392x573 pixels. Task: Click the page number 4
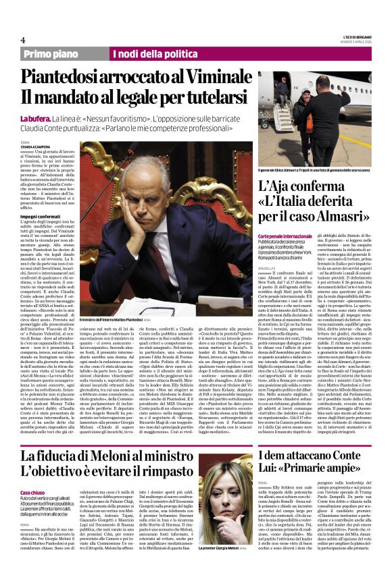(x=23, y=40)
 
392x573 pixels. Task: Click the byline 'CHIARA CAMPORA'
(x=34, y=147)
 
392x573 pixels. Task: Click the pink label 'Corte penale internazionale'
(x=284, y=238)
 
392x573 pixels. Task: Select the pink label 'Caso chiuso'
(x=33, y=474)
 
